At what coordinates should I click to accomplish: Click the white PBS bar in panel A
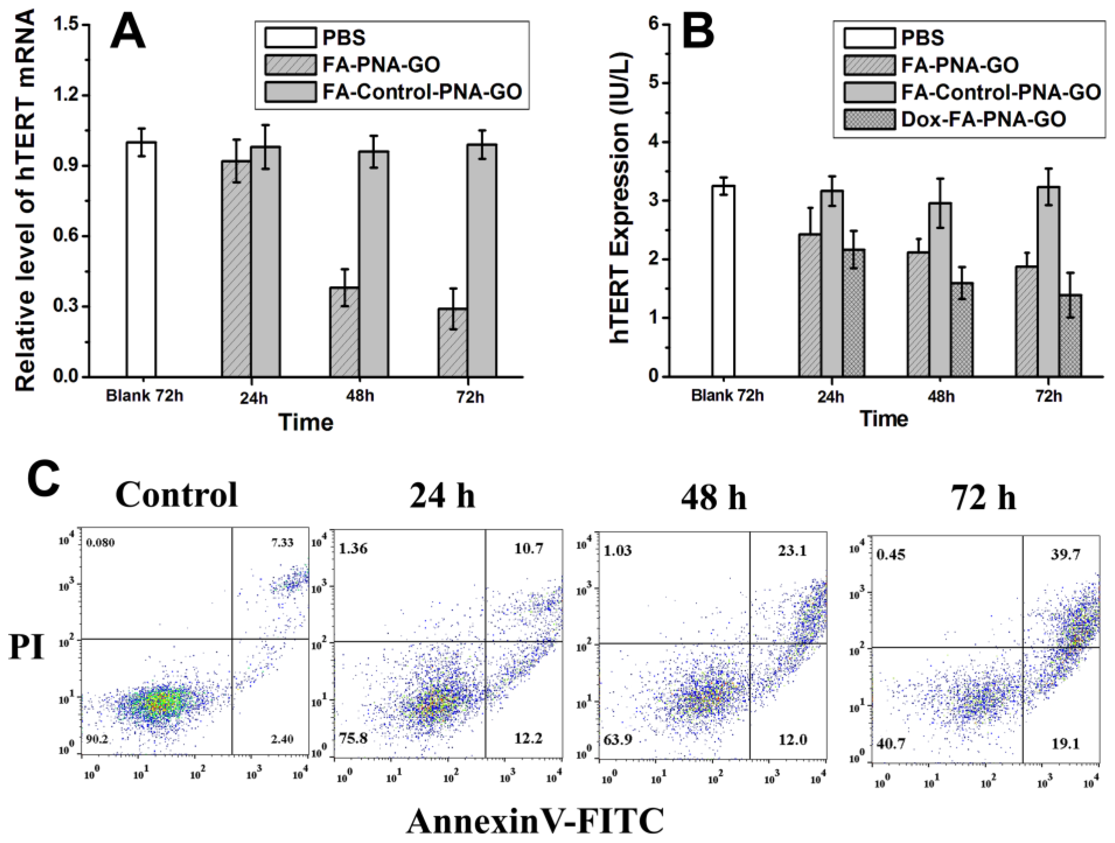(141, 259)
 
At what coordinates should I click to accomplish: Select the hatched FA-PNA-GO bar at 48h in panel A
(344, 332)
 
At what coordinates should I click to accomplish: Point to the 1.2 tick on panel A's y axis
(68, 95)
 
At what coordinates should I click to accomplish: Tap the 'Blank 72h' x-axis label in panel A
(144, 396)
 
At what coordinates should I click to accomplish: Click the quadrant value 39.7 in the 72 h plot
(1064, 555)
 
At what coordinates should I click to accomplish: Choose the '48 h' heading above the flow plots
(713, 497)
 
